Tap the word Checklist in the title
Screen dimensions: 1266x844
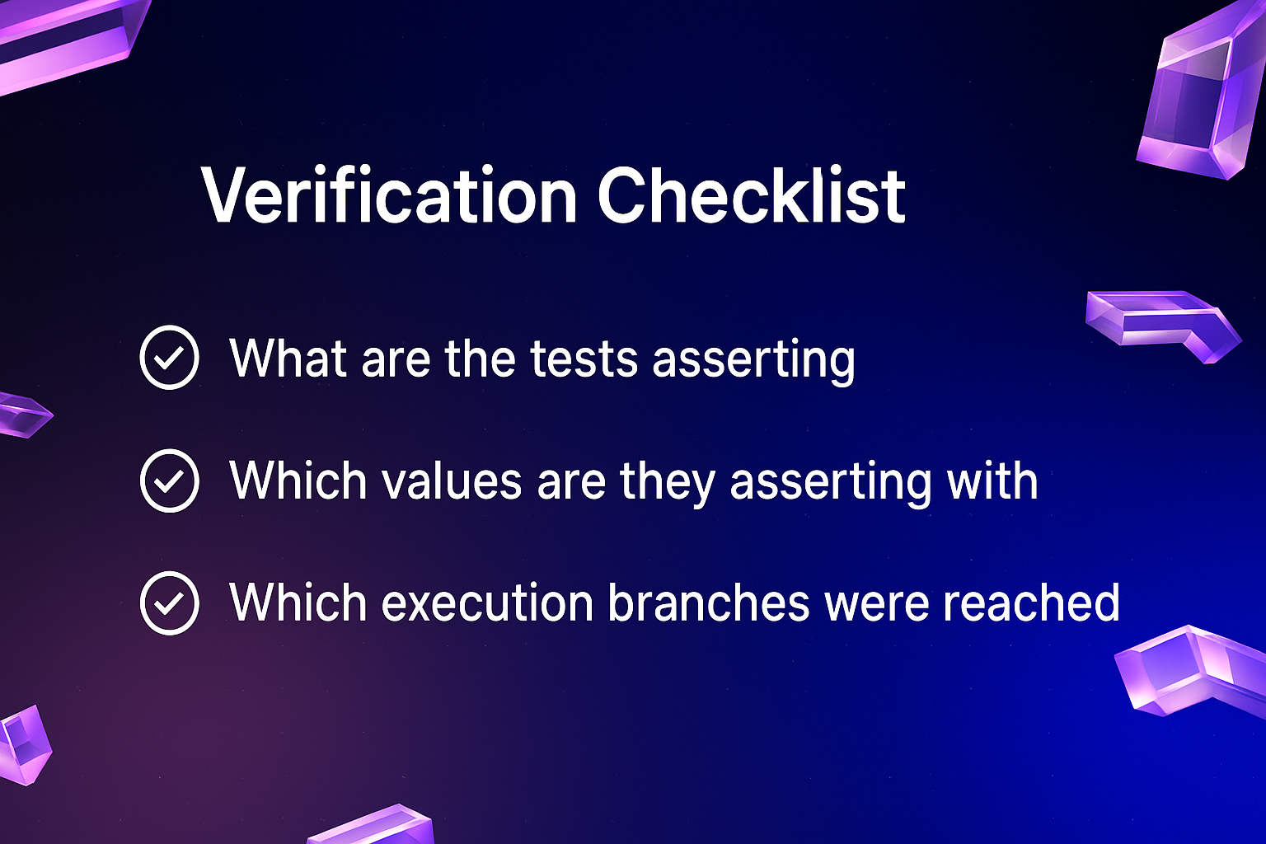[752, 195]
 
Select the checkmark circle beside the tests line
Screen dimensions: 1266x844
[170, 357]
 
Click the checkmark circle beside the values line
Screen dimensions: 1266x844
[170, 481]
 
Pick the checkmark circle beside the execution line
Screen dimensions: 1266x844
[170, 603]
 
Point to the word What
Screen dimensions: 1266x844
[288, 358]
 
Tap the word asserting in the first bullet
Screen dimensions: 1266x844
[754, 362]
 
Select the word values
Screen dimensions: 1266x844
[452, 481]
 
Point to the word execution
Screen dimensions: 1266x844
[487, 603]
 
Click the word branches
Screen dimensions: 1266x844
[709, 603]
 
